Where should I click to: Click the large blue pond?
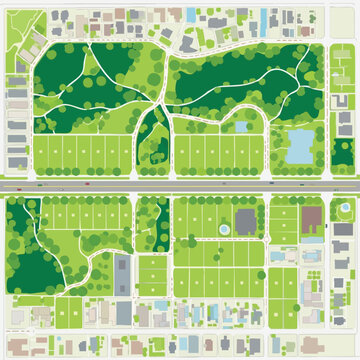(x=299, y=145)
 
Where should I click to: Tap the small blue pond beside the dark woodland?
(x=241, y=127)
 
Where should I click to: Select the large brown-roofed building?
(x=311, y=216)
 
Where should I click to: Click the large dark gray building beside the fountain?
(x=246, y=219)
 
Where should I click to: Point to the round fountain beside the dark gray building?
(x=224, y=231)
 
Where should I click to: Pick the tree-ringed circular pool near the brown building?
(x=313, y=241)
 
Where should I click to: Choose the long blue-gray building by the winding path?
(x=123, y=268)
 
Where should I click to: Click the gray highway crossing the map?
(x=180, y=186)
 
